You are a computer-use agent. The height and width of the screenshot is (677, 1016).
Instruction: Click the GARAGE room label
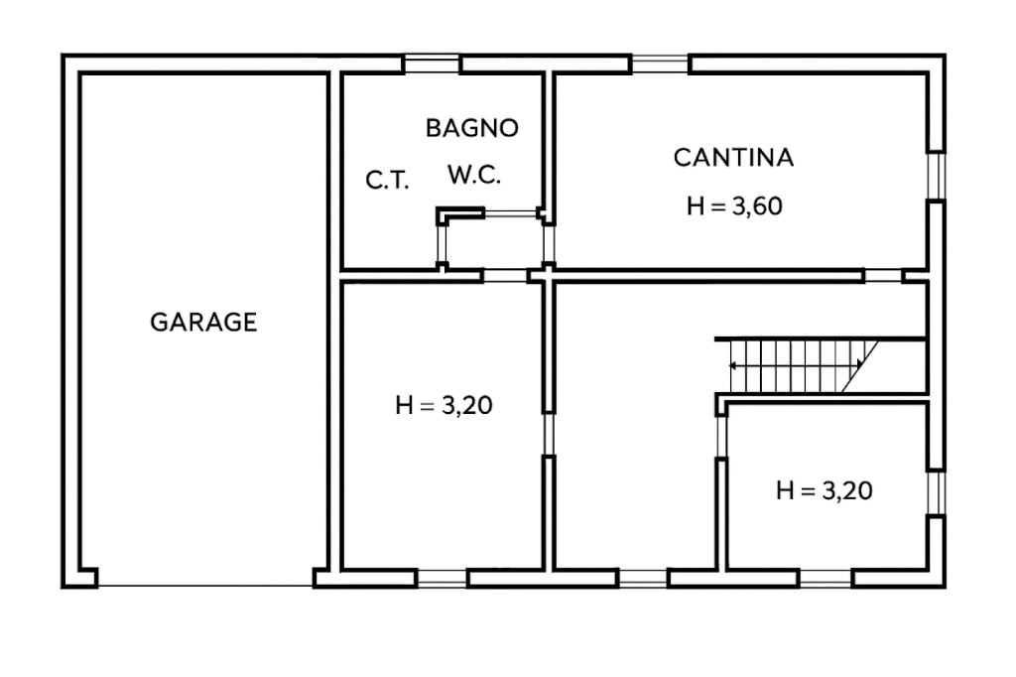click(x=203, y=323)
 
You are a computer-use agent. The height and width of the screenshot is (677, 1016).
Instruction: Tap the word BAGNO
click(x=472, y=128)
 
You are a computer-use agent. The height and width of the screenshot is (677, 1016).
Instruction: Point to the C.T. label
click(x=388, y=180)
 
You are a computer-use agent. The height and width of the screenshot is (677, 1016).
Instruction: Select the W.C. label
click(x=474, y=175)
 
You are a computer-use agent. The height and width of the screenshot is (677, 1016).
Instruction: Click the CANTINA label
click(x=733, y=158)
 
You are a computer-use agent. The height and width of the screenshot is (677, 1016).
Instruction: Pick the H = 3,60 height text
click(x=735, y=206)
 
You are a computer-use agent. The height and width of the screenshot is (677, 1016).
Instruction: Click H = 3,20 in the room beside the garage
click(x=444, y=405)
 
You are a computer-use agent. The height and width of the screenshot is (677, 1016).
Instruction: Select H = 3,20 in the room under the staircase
click(x=825, y=490)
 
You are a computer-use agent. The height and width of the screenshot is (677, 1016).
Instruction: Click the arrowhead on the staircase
click(x=733, y=365)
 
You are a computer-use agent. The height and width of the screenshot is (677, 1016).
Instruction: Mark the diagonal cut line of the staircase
click(x=860, y=366)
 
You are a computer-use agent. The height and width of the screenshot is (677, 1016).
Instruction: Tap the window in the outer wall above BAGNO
click(x=432, y=64)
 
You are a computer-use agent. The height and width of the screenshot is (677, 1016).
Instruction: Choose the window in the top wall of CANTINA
click(x=660, y=64)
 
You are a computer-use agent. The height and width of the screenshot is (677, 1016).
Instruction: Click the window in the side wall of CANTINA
click(x=937, y=177)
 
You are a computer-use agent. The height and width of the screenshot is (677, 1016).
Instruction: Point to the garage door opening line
click(x=205, y=587)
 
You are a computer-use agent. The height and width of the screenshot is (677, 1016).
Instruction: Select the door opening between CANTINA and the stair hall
click(x=884, y=276)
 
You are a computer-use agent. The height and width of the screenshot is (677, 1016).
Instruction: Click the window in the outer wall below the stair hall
click(x=643, y=578)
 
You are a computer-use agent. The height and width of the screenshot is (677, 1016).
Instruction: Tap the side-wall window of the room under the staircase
click(x=937, y=492)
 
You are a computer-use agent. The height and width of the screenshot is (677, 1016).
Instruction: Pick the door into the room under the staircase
click(x=721, y=437)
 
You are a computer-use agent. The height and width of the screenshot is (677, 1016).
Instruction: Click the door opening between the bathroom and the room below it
click(x=505, y=276)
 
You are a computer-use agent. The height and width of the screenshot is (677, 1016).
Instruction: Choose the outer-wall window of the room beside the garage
click(x=442, y=578)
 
